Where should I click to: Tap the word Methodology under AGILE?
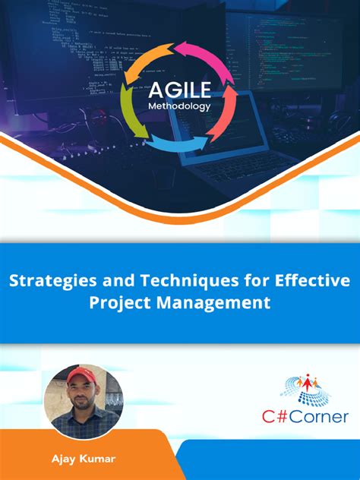pos(179,106)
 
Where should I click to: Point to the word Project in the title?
pos(120,302)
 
